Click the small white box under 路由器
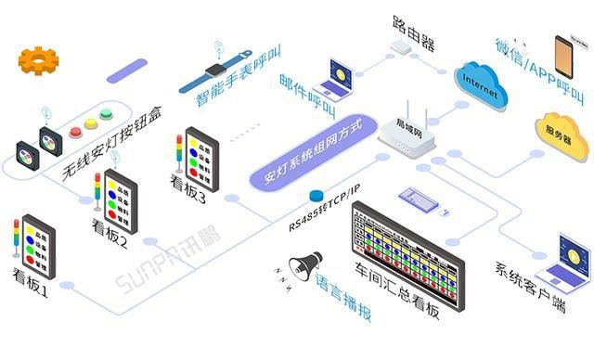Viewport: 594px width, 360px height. click(402, 45)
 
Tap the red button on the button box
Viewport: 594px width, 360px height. click(76, 133)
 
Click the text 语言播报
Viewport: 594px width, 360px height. click(344, 294)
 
